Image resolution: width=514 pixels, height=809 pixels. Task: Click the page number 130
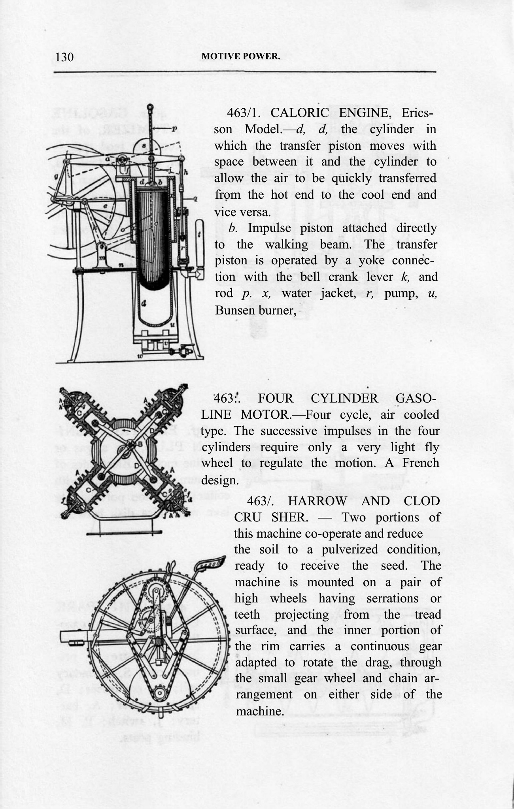(64, 57)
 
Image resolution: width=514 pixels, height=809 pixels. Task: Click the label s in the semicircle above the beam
(144, 146)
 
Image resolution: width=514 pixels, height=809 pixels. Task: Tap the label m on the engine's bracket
(100, 258)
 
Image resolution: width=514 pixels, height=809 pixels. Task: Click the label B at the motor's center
(139, 444)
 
